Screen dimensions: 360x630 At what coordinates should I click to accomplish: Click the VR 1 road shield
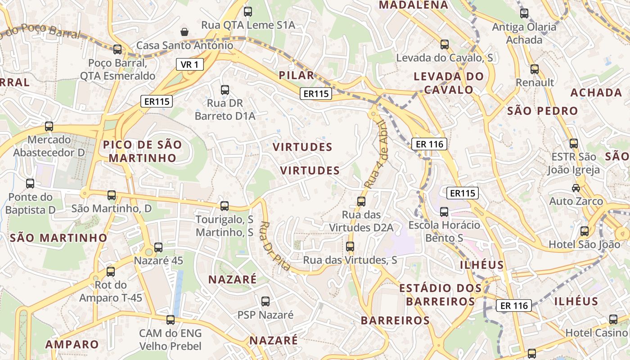189,65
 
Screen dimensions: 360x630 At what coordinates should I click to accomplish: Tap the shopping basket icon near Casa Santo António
184,31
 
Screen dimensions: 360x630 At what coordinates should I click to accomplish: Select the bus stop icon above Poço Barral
117,49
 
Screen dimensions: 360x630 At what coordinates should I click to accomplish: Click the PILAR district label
297,75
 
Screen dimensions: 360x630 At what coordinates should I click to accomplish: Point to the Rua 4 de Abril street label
376,154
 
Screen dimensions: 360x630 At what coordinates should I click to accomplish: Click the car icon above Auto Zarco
576,188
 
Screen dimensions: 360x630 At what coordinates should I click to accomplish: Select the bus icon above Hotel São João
585,231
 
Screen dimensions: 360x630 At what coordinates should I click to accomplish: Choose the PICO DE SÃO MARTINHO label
142,151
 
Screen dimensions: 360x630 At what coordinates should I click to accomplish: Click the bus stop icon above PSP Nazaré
265,301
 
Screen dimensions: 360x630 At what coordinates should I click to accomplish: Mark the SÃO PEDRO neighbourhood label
542,111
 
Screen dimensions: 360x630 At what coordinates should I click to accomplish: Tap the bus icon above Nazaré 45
158,247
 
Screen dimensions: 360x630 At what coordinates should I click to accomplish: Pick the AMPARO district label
72,344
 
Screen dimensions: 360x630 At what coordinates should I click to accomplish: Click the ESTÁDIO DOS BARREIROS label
437,294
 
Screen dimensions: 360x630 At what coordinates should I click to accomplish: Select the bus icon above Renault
535,69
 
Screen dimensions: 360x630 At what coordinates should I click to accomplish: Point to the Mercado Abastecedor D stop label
49,146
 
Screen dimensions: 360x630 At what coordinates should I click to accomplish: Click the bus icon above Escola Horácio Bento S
444,211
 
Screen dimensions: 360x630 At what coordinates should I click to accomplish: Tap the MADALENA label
414,5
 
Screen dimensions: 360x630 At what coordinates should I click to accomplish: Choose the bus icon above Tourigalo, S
225,206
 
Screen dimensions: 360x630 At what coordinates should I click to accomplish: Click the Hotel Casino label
596,333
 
